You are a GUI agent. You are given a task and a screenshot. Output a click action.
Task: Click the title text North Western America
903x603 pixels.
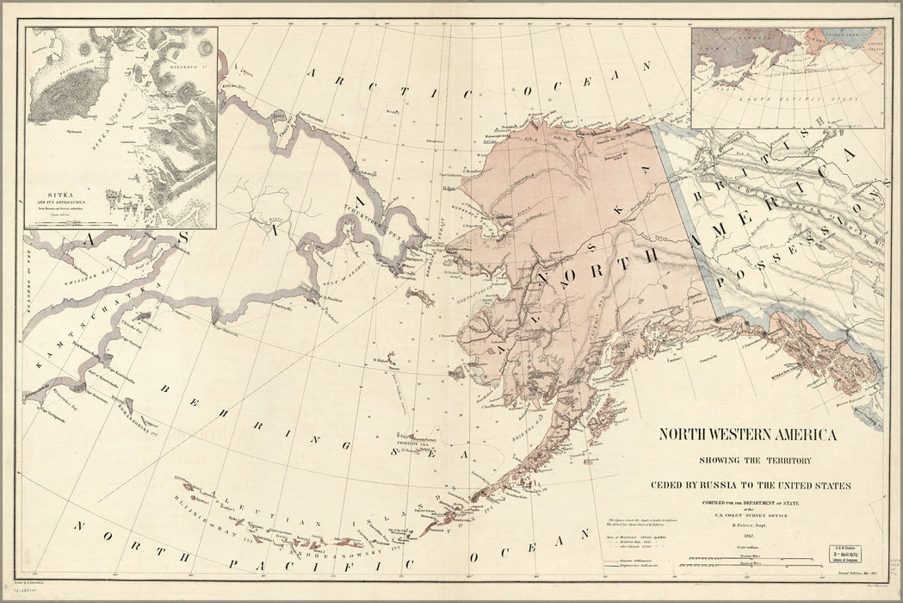pos(747,434)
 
